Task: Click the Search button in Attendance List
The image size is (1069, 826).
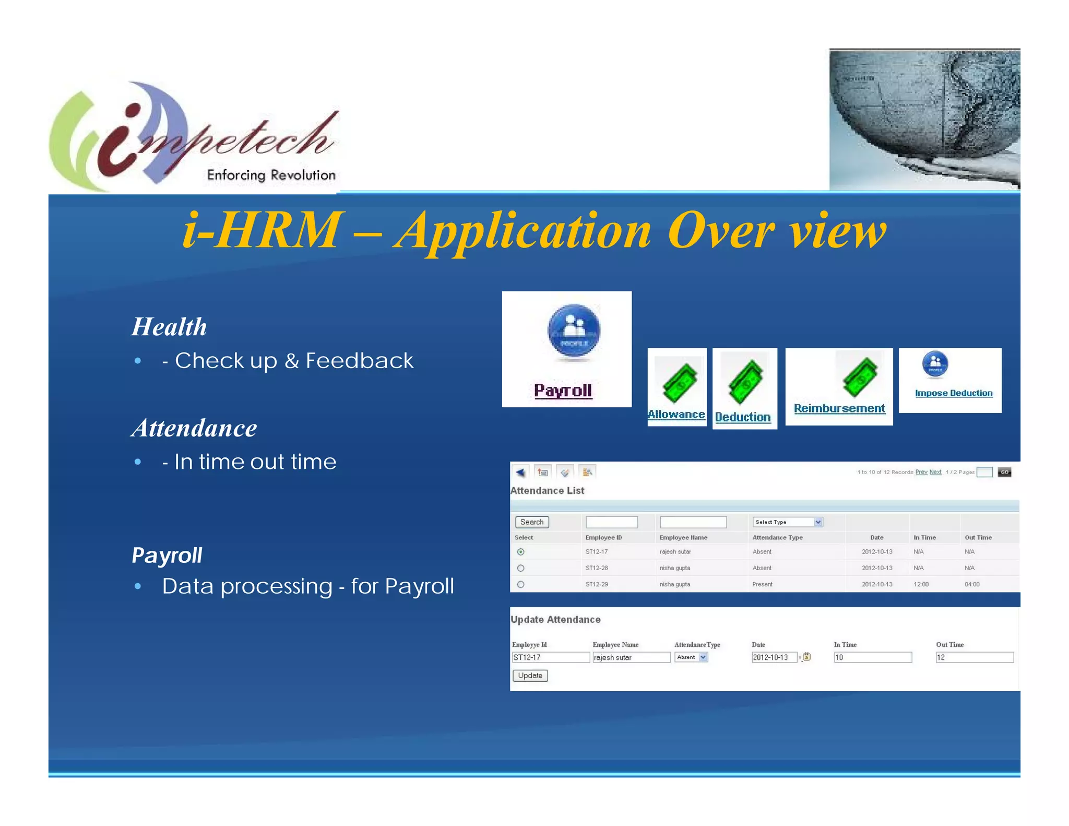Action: [x=531, y=522]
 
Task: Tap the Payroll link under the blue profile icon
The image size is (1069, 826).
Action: [x=563, y=391]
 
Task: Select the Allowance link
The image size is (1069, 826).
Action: [x=676, y=415]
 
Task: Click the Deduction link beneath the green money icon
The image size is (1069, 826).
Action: [x=742, y=417]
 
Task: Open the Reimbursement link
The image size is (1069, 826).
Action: [x=839, y=408]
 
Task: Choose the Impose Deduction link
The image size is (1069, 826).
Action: [x=954, y=393]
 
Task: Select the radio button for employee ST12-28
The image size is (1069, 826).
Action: [x=520, y=568]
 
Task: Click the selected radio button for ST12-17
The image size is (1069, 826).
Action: [x=520, y=552]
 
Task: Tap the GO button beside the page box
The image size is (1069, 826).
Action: [x=1004, y=472]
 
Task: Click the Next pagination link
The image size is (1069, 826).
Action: [x=935, y=472]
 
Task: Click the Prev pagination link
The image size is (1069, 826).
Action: [x=921, y=472]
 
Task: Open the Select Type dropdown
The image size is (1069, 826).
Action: [x=788, y=522]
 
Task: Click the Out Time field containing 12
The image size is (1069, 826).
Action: [x=974, y=657]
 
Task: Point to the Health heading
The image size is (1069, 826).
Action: [x=169, y=327]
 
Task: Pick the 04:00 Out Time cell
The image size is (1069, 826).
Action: [x=972, y=584]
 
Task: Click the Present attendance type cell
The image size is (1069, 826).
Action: [x=762, y=584]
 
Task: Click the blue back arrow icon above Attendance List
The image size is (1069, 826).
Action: [x=520, y=473]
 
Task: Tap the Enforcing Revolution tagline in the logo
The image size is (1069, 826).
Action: [x=271, y=175]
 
